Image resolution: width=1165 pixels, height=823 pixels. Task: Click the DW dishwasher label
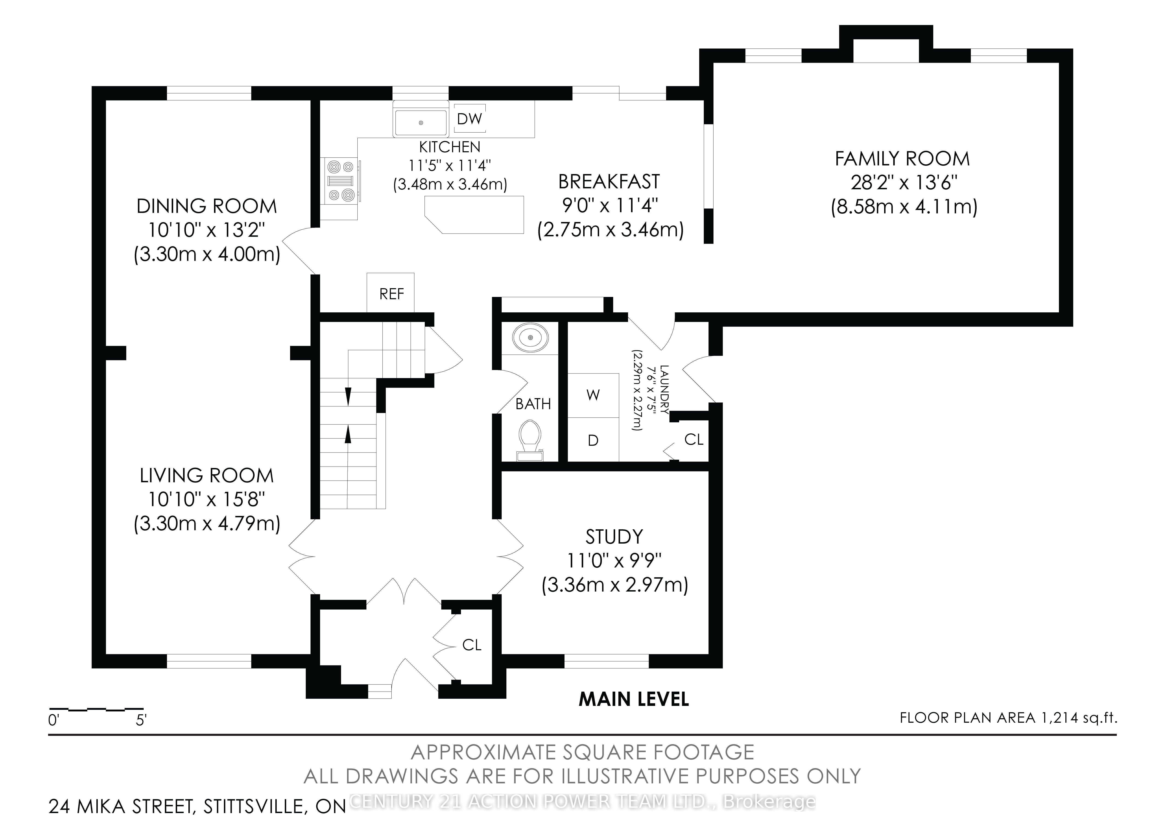pyautogui.click(x=469, y=119)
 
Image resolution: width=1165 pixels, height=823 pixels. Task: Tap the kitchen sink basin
pyautogui.click(x=421, y=122)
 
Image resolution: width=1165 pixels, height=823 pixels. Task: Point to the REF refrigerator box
pyautogui.click(x=391, y=293)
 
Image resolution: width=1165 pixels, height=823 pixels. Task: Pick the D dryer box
pyautogui.click(x=593, y=440)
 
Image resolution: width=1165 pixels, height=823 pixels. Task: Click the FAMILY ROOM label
pyautogui.click(x=902, y=159)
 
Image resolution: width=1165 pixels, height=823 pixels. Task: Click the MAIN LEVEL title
pyautogui.click(x=634, y=699)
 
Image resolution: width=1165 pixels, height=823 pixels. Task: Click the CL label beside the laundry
pyautogui.click(x=694, y=439)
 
